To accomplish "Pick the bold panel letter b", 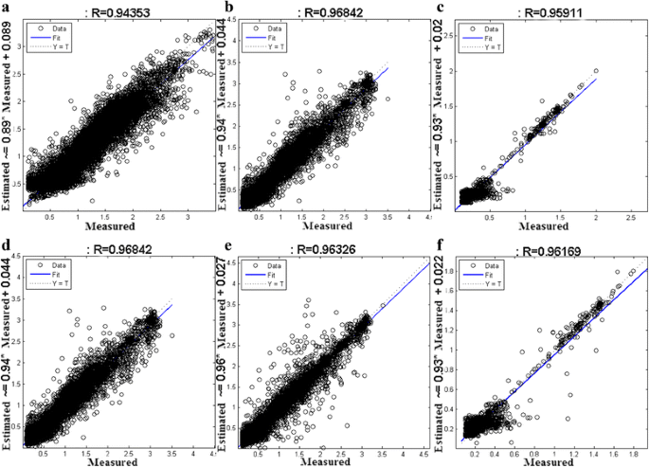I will (x=226, y=9).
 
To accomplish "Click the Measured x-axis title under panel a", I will (x=110, y=228).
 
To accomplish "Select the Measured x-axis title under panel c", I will (x=546, y=228).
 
